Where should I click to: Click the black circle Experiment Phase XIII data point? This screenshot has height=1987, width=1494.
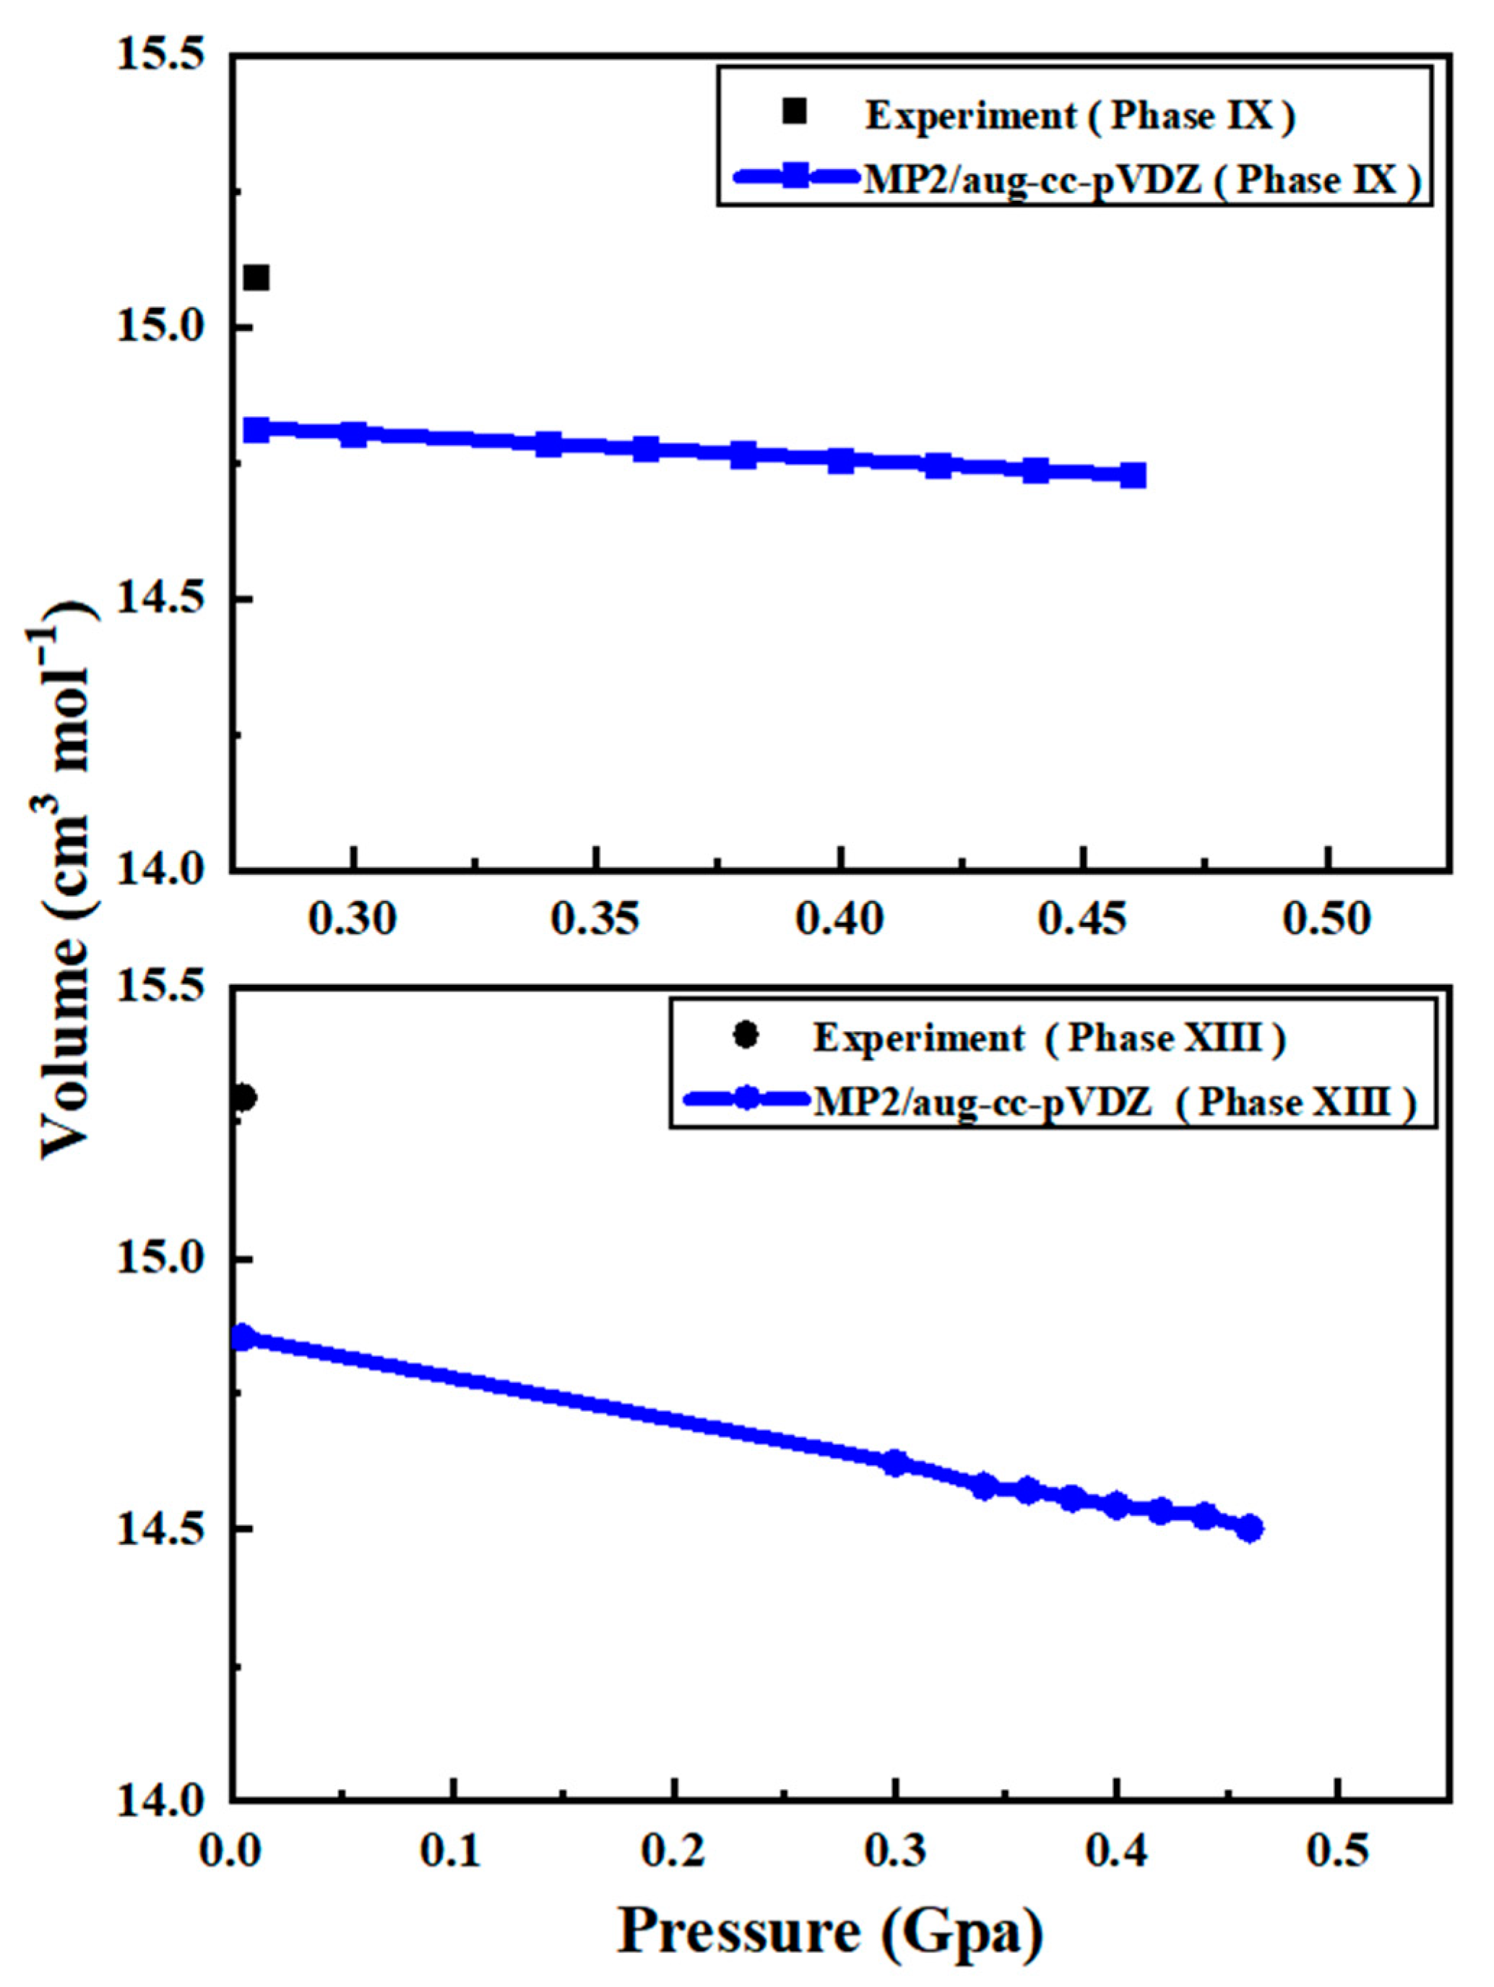pyautogui.click(x=243, y=1098)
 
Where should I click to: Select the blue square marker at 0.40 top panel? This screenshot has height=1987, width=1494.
pyautogui.click(x=841, y=461)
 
